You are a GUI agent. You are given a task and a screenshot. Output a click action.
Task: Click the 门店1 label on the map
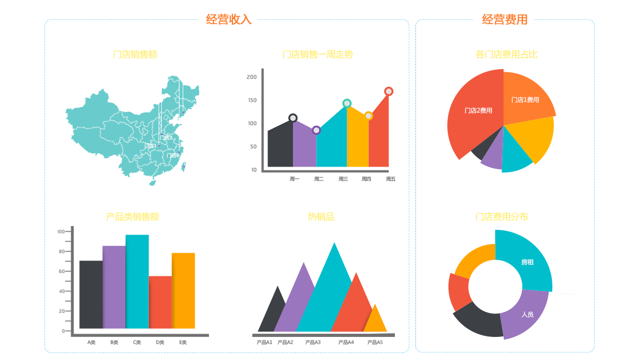click(150, 146)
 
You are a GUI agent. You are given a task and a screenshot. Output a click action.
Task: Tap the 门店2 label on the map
click(166, 138)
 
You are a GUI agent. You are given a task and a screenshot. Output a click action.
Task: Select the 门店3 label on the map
click(173, 155)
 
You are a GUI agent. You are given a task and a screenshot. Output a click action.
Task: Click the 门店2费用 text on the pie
click(478, 111)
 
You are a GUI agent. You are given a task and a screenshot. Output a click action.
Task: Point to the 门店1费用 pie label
click(525, 100)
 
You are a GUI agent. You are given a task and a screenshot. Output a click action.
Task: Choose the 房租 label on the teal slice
click(527, 262)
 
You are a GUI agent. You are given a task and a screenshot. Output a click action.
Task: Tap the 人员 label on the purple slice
click(527, 314)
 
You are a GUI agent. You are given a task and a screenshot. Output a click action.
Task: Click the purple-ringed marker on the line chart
click(317, 130)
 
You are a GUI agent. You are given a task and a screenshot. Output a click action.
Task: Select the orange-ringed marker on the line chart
click(369, 116)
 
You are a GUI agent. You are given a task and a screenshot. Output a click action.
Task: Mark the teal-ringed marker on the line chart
click(347, 103)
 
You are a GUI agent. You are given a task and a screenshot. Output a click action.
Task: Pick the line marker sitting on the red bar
click(388, 92)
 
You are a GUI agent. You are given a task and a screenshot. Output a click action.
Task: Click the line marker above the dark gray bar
click(293, 118)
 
